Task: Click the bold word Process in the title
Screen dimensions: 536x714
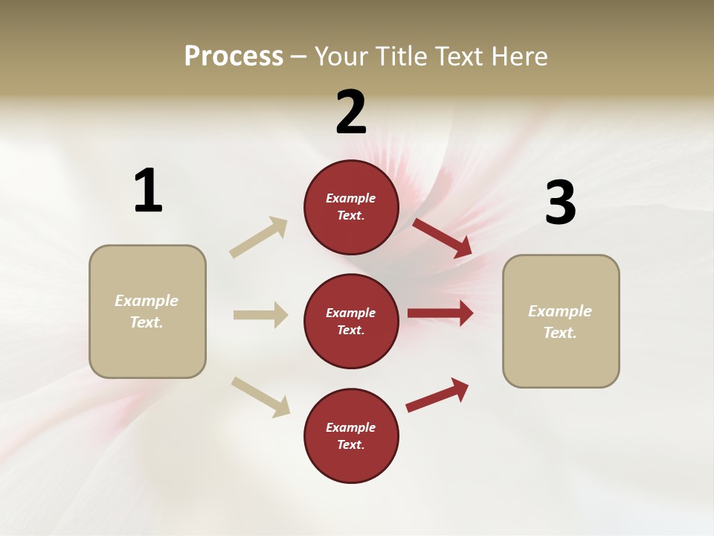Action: tap(234, 57)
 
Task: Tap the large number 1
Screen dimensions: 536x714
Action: tap(148, 191)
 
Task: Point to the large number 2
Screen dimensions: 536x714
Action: tap(351, 112)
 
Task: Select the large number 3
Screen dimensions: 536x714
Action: tap(561, 203)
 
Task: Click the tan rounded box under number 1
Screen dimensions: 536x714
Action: tap(147, 311)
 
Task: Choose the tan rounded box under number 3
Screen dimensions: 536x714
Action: tap(561, 321)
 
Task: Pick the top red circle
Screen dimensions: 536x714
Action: tap(351, 207)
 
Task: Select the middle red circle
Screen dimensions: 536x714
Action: tap(351, 321)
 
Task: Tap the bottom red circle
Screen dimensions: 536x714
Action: tap(351, 435)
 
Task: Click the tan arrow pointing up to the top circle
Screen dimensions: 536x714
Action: tap(259, 237)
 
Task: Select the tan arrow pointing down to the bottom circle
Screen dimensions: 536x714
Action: tap(260, 397)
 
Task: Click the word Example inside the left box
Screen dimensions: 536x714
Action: tap(147, 301)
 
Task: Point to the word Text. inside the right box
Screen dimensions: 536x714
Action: tap(560, 333)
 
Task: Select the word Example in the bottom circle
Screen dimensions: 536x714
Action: tap(351, 427)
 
